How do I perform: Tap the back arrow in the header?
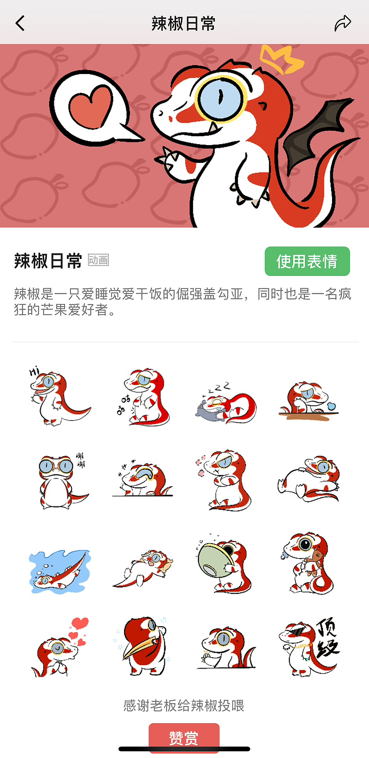(20, 23)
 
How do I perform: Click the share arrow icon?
(343, 23)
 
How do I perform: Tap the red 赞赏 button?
(184, 737)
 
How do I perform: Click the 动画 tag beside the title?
(98, 260)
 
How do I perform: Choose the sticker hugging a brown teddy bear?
(307, 563)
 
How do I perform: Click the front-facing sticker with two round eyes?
(59, 480)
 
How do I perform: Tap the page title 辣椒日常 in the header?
(183, 23)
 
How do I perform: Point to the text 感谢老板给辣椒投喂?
(184, 705)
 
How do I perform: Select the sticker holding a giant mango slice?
(143, 647)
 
